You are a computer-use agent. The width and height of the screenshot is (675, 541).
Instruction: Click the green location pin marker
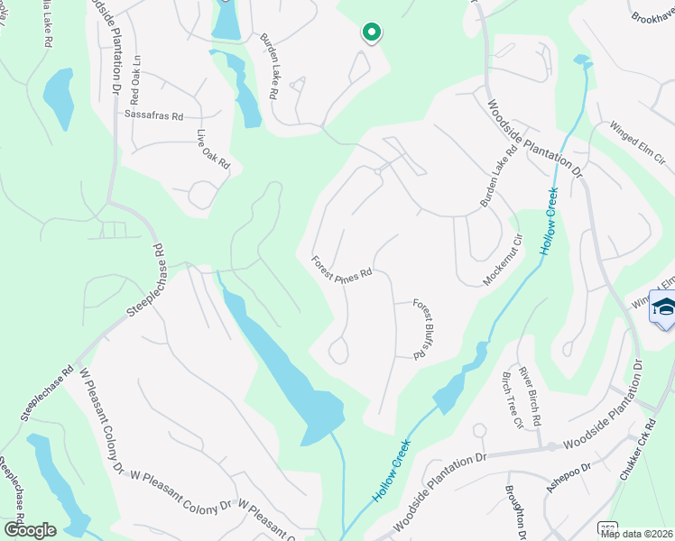[371, 33]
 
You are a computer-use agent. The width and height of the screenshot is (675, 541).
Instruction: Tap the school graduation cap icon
[664, 309]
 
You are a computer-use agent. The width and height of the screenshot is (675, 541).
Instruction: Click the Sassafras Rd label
[153, 116]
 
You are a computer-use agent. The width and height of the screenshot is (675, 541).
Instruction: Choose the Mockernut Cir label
[503, 261]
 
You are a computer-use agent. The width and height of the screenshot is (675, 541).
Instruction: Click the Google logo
[30, 529]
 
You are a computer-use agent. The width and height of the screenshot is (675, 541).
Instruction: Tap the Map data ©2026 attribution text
[636, 534]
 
